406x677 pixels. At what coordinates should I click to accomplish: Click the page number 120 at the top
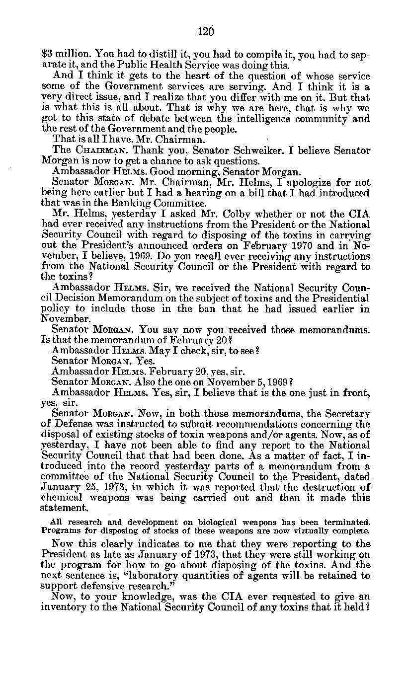(x=205, y=32)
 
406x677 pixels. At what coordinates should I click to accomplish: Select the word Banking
(x=126, y=203)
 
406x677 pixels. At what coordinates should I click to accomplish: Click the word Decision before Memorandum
(x=77, y=299)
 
